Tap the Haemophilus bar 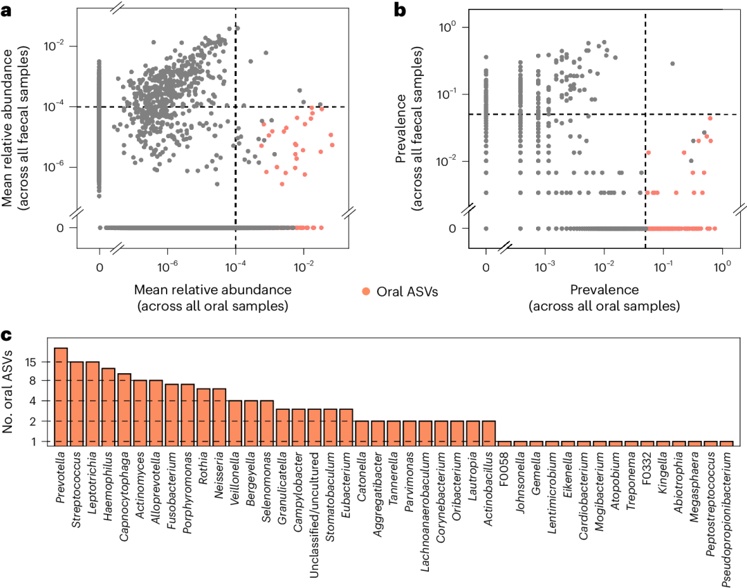click(108, 407)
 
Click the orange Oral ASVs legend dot click(365, 292)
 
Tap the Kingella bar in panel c click(663, 443)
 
